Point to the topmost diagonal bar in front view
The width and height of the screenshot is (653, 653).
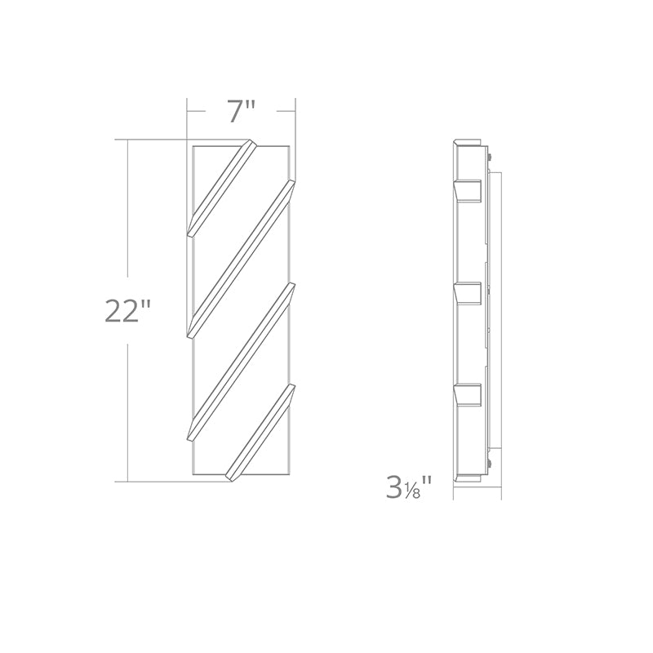222,189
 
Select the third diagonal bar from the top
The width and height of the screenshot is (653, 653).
241,361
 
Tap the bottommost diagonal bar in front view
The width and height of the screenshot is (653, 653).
260,433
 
